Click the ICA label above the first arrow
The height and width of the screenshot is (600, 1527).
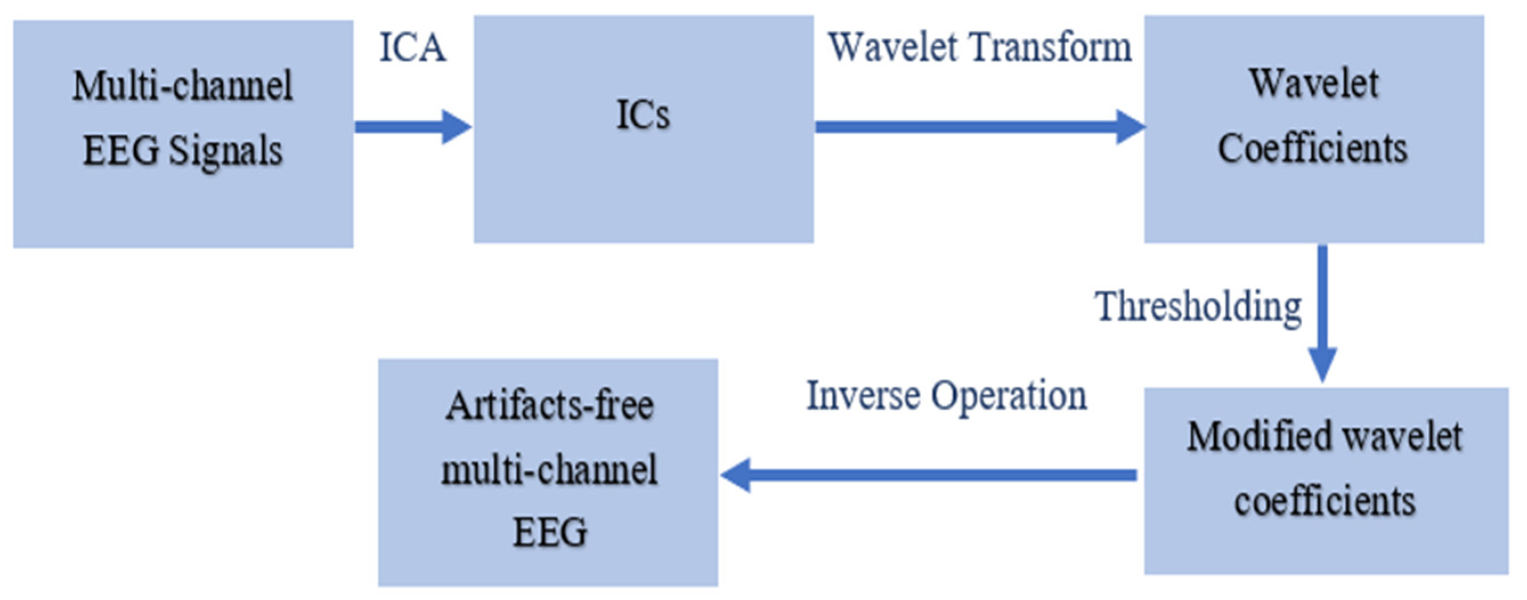(412, 47)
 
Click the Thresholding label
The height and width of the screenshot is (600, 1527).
(1198, 307)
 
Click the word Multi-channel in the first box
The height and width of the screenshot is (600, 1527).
(182, 86)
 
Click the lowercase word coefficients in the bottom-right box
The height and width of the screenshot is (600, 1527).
(1325, 501)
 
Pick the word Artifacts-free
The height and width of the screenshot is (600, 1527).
(549, 406)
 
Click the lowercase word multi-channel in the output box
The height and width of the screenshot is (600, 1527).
(549, 470)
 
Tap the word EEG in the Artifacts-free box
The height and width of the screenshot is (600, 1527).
(549, 532)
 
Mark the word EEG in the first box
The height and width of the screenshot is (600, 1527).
(121, 151)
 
